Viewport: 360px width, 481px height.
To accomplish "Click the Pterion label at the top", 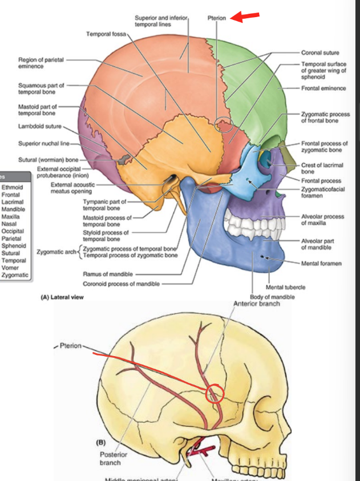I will point(217,18).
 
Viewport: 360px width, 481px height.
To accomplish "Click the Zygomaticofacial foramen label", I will point(323,192).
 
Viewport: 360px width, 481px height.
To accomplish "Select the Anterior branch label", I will point(257,304).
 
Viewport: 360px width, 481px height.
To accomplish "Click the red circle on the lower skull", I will point(214,393).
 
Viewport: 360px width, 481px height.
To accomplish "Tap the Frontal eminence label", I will point(323,88).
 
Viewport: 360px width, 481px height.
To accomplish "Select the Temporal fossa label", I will point(106,34).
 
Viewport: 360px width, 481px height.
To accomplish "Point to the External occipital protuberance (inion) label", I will point(62,172).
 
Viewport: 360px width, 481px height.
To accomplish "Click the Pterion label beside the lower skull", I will point(71,346).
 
